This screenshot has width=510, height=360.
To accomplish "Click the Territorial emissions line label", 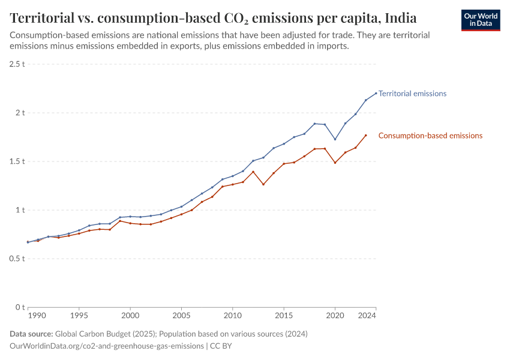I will click(x=412, y=94).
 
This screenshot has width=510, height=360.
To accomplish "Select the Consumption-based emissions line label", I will click(x=430, y=136).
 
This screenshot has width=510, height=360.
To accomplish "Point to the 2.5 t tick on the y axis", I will click(x=16, y=64).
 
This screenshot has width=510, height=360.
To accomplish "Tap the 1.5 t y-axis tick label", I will click(x=16, y=161).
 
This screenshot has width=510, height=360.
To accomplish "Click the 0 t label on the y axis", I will click(x=20, y=307).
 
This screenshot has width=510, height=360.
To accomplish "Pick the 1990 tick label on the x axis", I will click(x=37, y=315).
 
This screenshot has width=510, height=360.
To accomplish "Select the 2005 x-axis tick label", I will click(x=181, y=315).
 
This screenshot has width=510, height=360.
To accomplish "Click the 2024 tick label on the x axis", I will click(x=367, y=315).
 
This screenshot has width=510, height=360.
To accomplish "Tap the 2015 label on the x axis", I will click(x=284, y=315).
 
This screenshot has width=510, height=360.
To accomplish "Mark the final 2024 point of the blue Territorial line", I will click(x=376, y=93).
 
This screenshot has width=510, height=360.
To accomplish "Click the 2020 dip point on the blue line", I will click(x=335, y=139).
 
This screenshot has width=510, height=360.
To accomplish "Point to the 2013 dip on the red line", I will click(x=263, y=184).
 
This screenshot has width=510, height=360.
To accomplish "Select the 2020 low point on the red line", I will click(x=335, y=163).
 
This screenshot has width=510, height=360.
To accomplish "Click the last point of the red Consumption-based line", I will click(x=366, y=135).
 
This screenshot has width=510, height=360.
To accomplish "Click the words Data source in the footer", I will click(x=31, y=334).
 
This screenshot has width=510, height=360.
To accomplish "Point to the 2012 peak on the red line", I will click(x=253, y=172).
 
